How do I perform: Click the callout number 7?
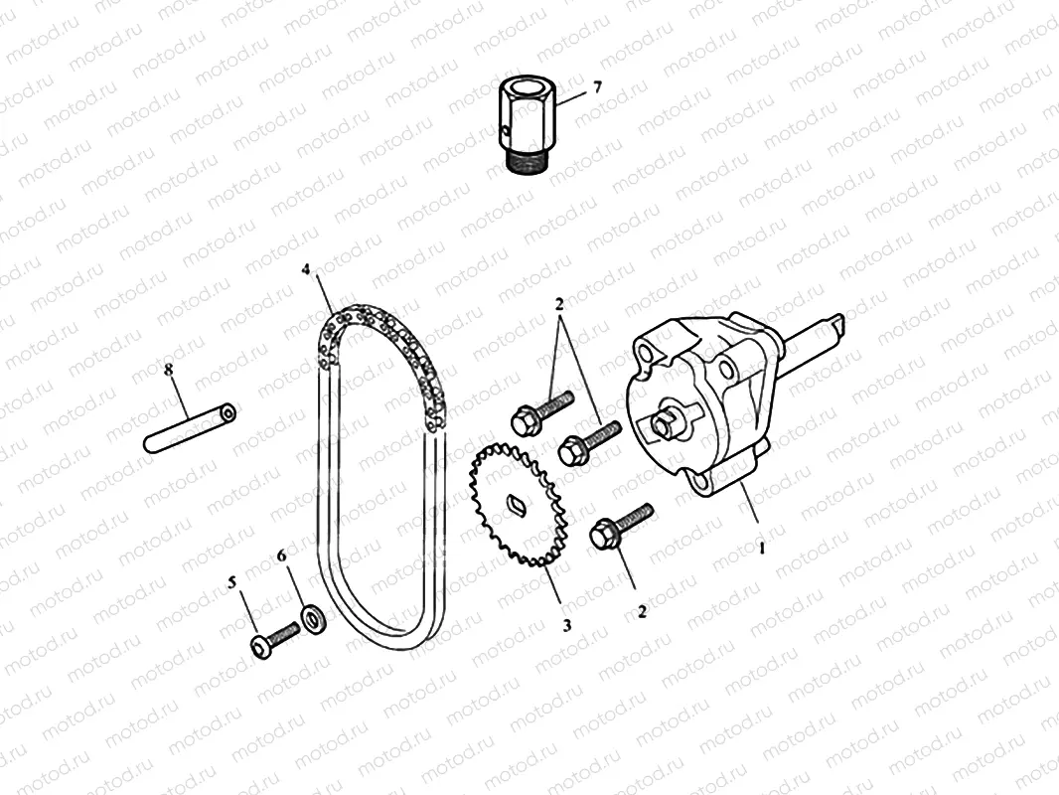pyautogui.click(x=597, y=87)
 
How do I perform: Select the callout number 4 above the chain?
pyautogui.click(x=307, y=269)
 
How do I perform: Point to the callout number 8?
pyautogui.click(x=168, y=370)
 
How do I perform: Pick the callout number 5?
pyautogui.click(x=234, y=583)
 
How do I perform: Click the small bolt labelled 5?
pyautogui.click(x=273, y=636)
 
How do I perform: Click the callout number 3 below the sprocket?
pyautogui.click(x=567, y=626)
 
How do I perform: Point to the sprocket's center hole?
pyautogui.click(x=517, y=505)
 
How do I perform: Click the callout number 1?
pyautogui.click(x=762, y=546)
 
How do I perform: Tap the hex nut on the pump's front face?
pyautogui.click(x=666, y=424)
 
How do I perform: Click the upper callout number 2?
pyautogui.click(x=559, y=301)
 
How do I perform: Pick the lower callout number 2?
pyautogui.click(x=642, y=612)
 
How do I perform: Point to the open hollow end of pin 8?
pyautogui.click(x=229, y=410)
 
